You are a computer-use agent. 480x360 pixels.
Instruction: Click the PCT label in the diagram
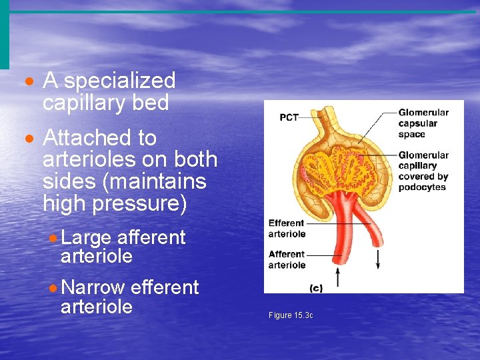tap(289, 118)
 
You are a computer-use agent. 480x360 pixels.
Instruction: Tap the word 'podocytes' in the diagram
tap(422, 187)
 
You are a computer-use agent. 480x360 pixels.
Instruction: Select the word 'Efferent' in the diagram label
tap(286, 223)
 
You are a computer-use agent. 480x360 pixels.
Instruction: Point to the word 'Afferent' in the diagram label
tap(286, 254)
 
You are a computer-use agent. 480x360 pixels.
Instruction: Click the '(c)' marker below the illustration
tap(317, 288)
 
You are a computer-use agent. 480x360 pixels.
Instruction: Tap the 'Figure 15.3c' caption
tap(291, 315)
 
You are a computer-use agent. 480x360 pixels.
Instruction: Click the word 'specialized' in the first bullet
tap(119, 81)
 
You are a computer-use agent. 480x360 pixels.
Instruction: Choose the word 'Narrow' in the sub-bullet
tap(93, 287)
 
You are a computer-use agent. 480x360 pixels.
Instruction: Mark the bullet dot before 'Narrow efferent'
tap(53, 289)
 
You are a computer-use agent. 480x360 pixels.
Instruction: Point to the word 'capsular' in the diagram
tap(417, 123)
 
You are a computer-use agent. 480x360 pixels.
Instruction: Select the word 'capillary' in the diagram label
tap(417, 166)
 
